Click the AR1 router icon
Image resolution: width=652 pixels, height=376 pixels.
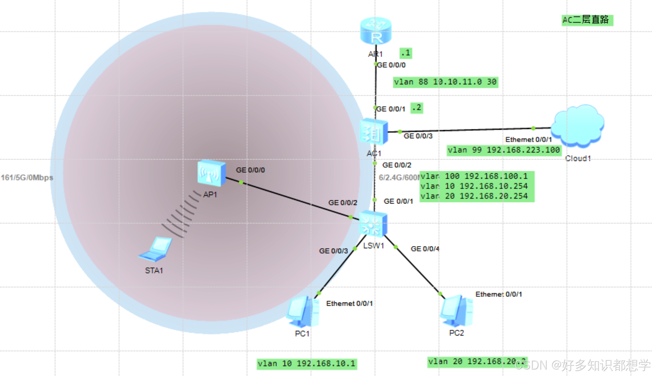pos(376,31)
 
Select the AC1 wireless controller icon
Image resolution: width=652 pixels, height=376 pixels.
pos(373,132)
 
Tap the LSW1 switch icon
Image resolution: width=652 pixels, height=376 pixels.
pos(373,224)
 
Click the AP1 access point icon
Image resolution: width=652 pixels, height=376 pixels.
pos(211,173)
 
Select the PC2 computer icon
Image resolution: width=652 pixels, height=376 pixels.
pos(456,311)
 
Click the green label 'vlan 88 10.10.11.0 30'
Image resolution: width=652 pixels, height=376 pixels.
pos(445,82)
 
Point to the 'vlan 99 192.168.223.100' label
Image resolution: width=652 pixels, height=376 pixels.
pos(504,150)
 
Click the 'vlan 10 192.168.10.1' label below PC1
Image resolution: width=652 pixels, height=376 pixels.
pos(307,364)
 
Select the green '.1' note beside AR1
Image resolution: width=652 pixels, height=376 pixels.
pos(406,53)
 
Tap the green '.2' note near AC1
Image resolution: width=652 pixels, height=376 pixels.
pos(417,108)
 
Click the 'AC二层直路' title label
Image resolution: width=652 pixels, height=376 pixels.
pos(587,20)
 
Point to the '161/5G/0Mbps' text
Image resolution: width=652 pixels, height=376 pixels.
pos(27,178)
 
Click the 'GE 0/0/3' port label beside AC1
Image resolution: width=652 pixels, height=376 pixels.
pos(418,136)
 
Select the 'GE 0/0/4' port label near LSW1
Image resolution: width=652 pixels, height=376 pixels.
pos(425,249)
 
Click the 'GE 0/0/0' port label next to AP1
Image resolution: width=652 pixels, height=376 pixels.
pos(250,170)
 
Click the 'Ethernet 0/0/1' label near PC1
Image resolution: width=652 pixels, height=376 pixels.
pos(349,303)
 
